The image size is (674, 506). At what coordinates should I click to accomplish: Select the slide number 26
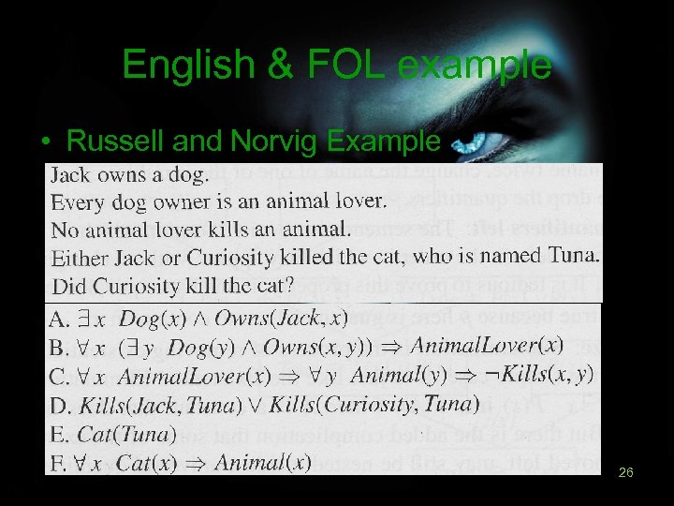626,474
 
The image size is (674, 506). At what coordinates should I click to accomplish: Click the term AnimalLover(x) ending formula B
487,345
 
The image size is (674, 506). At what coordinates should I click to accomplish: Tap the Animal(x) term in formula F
262,462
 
